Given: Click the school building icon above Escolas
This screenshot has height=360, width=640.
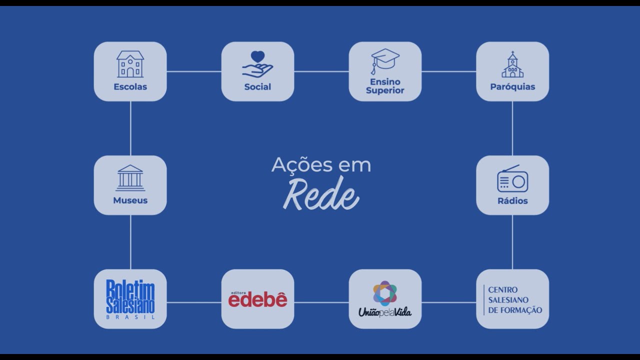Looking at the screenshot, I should [x=130, y=64].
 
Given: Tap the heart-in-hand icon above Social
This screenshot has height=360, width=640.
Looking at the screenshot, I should [x=257, y=64].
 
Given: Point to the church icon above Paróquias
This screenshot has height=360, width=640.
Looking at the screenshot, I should [x=512, y=64].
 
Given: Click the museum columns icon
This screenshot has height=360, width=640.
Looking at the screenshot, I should [x=130, y=177].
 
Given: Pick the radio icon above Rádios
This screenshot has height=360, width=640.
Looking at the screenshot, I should [x=512, y=178].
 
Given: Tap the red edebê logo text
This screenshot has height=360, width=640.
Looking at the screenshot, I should [x=258, y=299].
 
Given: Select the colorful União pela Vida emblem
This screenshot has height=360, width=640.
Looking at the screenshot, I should [x=384, y=293].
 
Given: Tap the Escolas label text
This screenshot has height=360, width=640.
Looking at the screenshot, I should [x=130, y=86].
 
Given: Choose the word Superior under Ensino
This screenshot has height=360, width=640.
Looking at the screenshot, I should [x=385, y=90].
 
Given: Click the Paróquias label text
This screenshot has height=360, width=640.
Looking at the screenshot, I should [x=512, y=86].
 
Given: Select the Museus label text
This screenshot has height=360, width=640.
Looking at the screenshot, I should [x=130, y=200].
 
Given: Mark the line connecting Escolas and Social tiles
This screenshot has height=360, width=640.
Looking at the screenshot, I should [x=194, y=71].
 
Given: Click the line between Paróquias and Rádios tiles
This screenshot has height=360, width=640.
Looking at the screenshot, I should [x=512, y=128].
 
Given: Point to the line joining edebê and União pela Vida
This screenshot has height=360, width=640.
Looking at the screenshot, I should [x=321, y=302].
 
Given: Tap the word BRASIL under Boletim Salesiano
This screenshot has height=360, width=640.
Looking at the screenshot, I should [x=130, y=316].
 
